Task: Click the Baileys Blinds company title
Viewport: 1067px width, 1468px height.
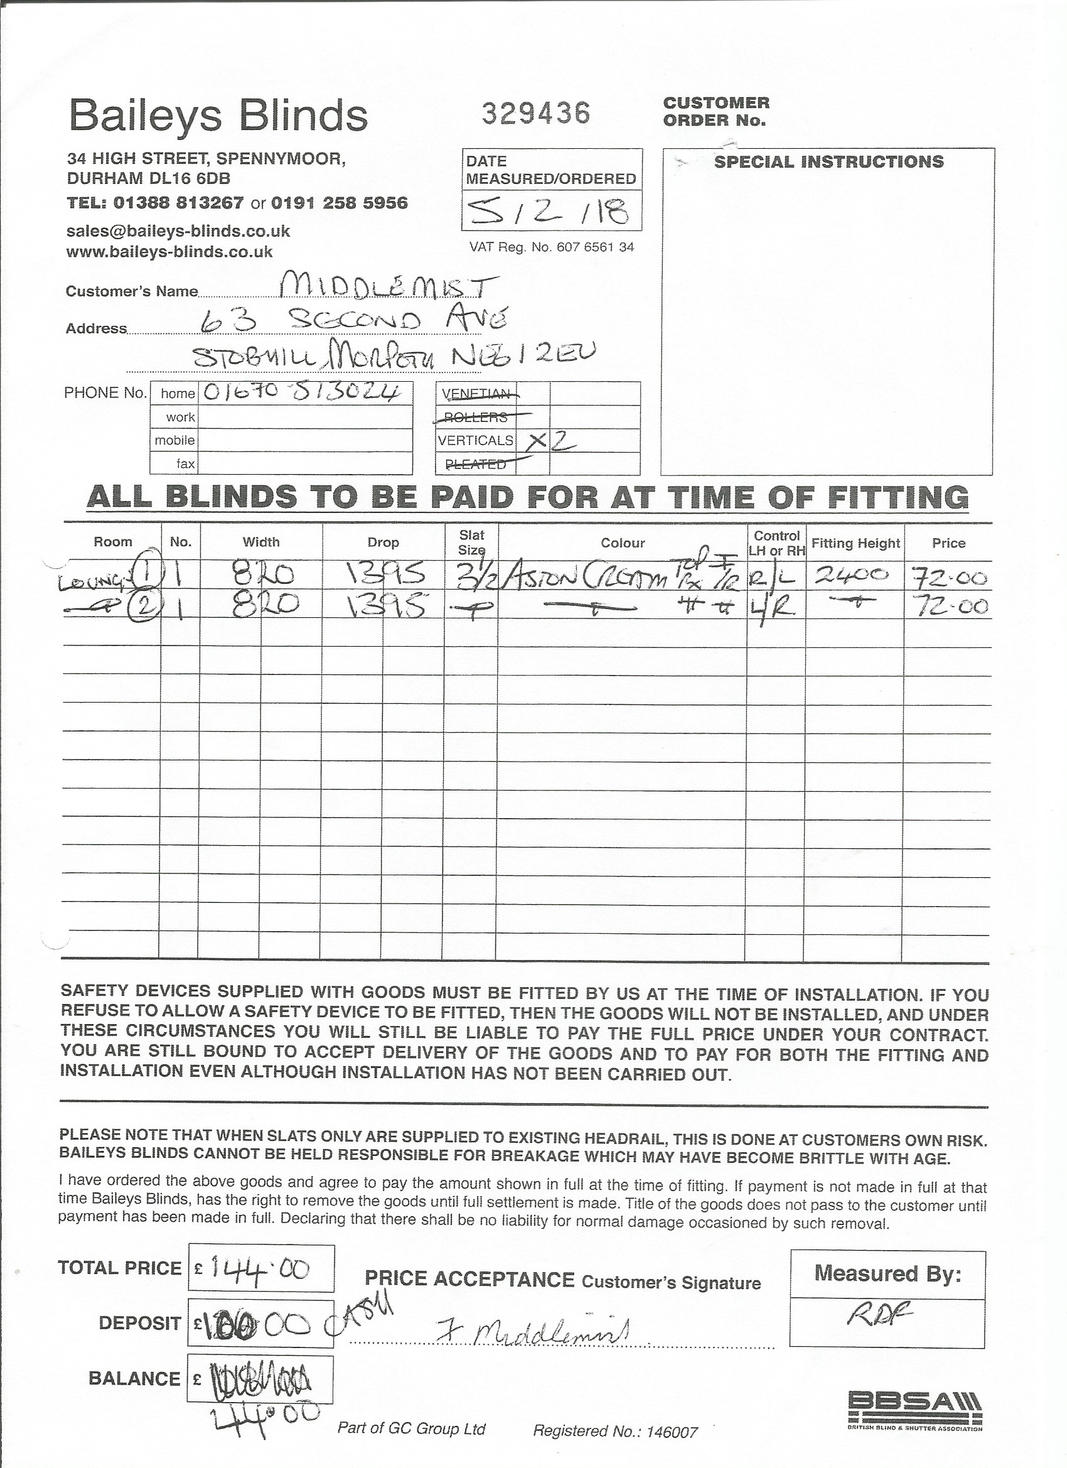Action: [x=218, y=116]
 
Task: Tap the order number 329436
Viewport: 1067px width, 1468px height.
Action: [x=536, y=114]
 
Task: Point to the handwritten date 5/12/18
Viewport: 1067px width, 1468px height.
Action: [x=547, y=211]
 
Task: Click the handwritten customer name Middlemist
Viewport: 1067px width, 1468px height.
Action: [x=389, y=286]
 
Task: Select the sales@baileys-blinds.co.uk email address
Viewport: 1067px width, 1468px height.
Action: [x=178, y=231]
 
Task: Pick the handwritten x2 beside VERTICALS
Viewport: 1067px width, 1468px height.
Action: [x=550, y=441]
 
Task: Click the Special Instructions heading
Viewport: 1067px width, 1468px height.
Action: [x=828, y=162]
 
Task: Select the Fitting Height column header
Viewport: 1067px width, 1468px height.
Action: [x=855, y=543]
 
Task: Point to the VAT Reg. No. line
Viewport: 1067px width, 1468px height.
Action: [x=551, y=247]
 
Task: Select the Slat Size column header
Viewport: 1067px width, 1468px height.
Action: [x=472, y=542]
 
